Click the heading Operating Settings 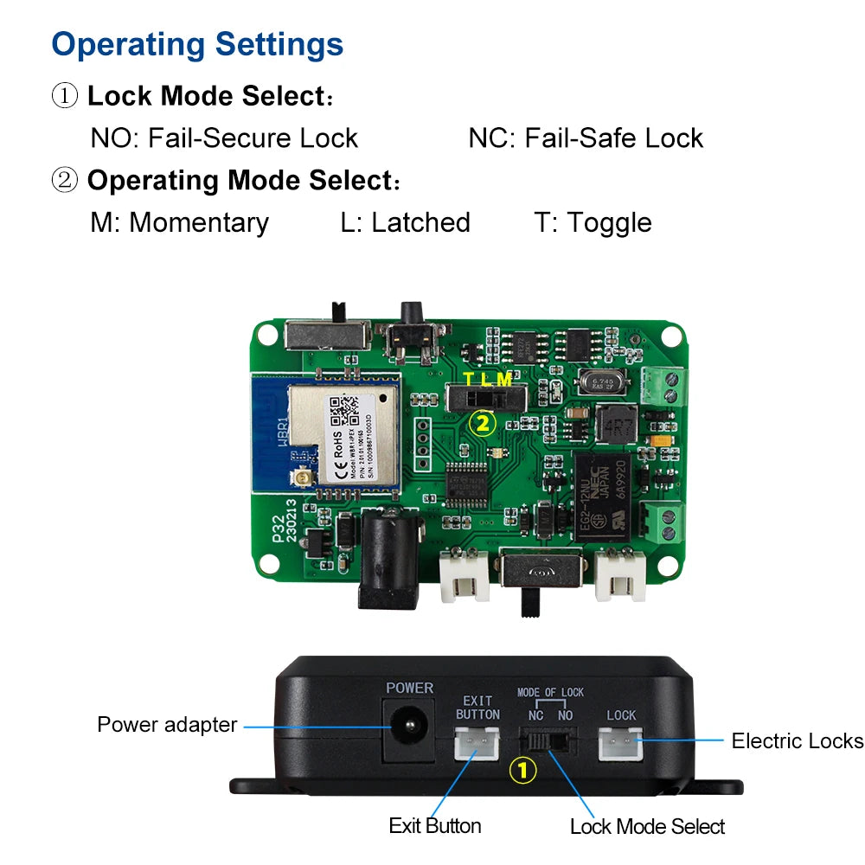point(197,44)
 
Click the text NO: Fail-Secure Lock point(224,138)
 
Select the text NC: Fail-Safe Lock point(586,138)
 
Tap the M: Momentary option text point(179,222)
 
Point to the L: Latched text point(405,222)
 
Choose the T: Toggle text point(593,222)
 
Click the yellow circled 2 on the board point(482,423)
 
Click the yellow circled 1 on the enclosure point(522,770)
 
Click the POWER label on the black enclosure point(410,689)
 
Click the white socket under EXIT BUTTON point(477,742)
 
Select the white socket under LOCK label point(621,742)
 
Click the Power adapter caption point(167,725)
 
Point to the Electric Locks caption point(797,741)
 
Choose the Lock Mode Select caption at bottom point(647,827)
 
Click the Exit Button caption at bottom point(434,826)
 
